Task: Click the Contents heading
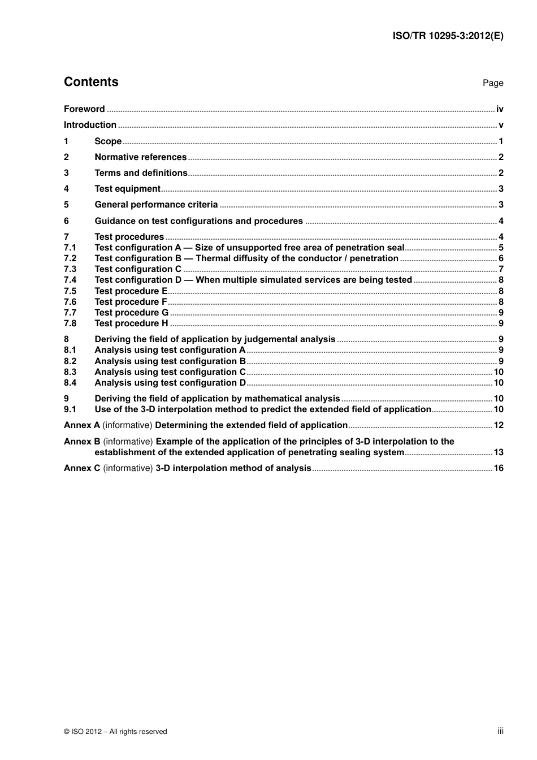(91, 82)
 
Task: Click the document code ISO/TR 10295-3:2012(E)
(448, 36)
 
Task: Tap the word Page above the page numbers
(492, 83)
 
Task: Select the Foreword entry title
(84, 109)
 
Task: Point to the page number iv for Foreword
(500, 109)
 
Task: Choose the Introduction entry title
(90, 125)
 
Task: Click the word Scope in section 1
(108, 141)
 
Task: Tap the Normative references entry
(140, 157)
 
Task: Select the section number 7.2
(70, 258)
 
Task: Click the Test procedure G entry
(131, 313)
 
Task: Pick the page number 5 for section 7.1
(501, 248)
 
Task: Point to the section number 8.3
(70, 372)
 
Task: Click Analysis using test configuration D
(170, 383)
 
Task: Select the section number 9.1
(70, 409)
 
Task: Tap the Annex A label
(81, 425)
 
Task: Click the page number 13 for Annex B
(499, 452)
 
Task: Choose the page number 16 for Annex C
(499, 468)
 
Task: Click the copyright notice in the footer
(115, 732)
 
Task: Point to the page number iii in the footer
(500, 731)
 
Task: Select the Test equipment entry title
(127, 189)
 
